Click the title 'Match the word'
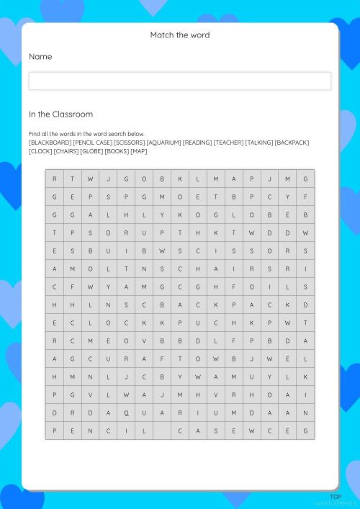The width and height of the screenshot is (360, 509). click(x=180, y=35)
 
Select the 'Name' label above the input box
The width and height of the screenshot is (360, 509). click(x=40, y=56)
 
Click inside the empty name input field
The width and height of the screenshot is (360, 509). click(x=180, y=81)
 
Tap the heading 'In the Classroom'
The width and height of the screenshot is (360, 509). click(x=60, y=114)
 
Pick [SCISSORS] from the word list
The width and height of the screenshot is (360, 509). click(x=129, y=143)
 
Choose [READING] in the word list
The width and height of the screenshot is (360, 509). click(x=197, y=143)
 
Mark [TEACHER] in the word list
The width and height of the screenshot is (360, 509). click(x=228, y=143)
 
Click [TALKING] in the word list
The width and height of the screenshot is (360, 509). click(x=259, y=143)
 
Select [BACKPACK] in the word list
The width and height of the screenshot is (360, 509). click(x=292, y=143)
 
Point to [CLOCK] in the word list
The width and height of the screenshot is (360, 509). click(x=40, y=151)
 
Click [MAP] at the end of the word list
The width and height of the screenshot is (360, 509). click(x=138, y=151)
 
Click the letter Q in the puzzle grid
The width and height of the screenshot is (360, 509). click(x=126, y=413)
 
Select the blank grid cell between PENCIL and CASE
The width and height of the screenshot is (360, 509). click(x=162, y=431)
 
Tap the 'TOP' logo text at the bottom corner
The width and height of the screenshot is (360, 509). click(x=336, y=497)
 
